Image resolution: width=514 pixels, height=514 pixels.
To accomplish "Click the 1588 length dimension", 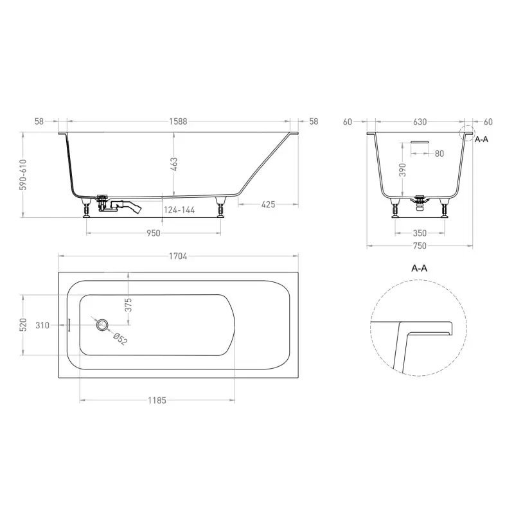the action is coord(178,121).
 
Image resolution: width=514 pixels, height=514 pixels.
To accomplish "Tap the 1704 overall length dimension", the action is coord(178,256).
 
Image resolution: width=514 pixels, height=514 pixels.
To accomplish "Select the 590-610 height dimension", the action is coord(22,175).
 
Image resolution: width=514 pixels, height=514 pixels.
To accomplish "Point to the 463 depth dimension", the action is coord(174,164).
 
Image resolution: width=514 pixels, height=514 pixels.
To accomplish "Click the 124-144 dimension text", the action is coord(179,210).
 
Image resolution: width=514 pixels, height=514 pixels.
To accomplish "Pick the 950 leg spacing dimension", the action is coord(154,233).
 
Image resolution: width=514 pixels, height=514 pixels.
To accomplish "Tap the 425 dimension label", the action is coord(268,204).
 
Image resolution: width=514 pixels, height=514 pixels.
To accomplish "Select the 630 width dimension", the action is coord(420,122).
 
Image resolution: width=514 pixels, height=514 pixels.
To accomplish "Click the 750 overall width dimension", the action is coord(420,246).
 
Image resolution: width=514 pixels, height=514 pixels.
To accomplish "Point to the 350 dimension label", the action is coord(420,233).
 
